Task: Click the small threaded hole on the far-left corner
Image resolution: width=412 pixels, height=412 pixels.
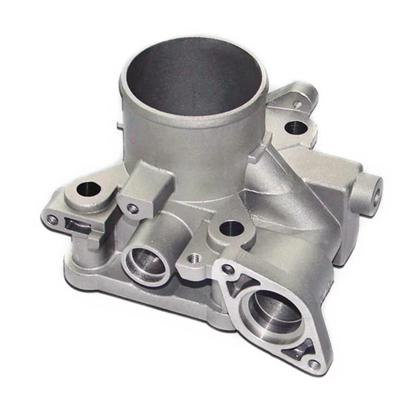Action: [x=53, y=219]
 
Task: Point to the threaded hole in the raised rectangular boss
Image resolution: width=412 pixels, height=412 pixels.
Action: [x=133, y=208]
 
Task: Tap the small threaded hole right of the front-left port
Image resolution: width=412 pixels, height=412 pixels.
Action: [x=194, y=259]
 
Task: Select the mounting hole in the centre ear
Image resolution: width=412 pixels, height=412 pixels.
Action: [x=232, y=229]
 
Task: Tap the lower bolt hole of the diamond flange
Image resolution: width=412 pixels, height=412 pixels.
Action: [x=314, y=364]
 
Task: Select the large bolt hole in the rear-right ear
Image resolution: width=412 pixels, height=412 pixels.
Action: [x=296, y=127]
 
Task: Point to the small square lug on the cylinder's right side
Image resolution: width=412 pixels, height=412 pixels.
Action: [x=267, y=140]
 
